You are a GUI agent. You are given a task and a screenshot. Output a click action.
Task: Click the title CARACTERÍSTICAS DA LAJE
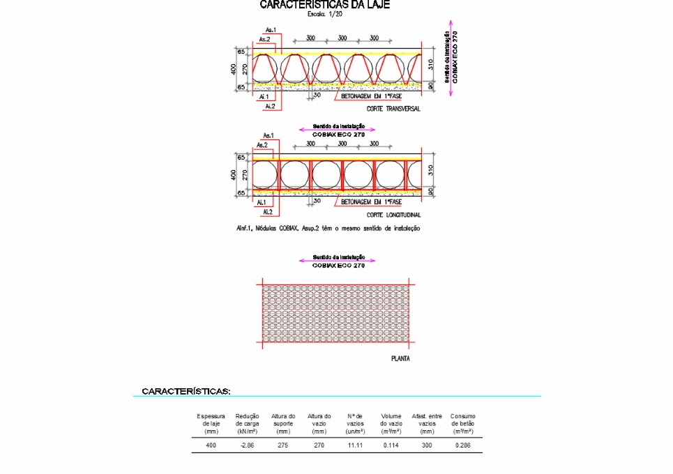click(x=324, y=5)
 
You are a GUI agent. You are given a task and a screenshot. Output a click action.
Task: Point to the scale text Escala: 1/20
click(x=324, y=14)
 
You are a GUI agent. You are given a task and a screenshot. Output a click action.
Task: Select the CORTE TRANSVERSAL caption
click(x=393, y=109)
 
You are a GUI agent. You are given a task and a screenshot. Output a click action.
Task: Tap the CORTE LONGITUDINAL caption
click(x=393, y=215)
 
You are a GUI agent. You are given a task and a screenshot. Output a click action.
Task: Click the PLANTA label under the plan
click(x=400, y=359)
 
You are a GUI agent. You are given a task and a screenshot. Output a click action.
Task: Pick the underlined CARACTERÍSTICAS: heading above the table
click(x=186, y=391)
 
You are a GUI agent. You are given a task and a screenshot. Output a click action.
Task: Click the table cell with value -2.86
click(x=247, y=445)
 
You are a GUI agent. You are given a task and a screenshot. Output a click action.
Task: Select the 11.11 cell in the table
click(x=355, y=445)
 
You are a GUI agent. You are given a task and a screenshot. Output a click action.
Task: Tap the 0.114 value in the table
click(x=391, y=445)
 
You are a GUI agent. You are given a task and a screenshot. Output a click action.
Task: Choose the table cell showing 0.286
click(x=463, y=445)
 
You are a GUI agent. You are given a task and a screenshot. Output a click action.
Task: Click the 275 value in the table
click(x=283, y=445)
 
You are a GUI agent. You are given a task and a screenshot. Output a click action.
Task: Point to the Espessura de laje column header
click(x=211, y=423)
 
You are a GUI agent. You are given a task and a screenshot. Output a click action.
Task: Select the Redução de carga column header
click(x=247, y=423)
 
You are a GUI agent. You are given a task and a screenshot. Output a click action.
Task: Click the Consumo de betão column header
click(x=463, y=423)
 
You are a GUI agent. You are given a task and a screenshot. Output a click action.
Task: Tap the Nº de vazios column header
click(x=355, y=423)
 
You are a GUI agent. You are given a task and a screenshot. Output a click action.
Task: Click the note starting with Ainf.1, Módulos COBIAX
click(x=328, y=228)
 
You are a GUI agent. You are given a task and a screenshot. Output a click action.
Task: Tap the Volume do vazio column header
click(x=391, y=423)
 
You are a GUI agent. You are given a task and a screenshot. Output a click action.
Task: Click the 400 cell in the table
click(x=211, y=445)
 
